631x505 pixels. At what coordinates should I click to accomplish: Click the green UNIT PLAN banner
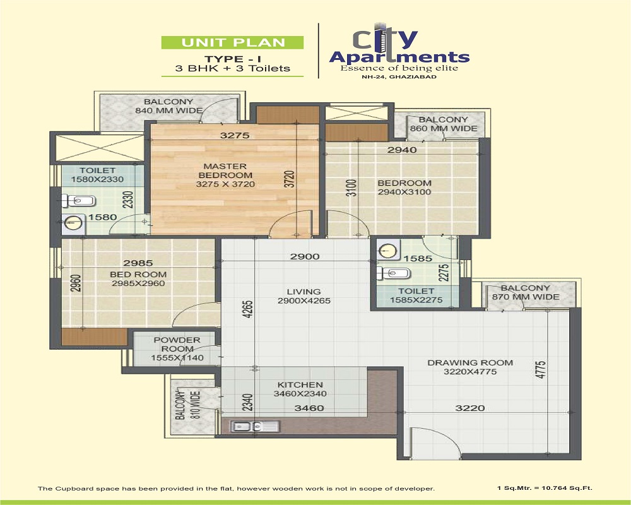tap(232, 42)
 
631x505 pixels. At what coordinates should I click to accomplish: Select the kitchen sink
tap(255, 427)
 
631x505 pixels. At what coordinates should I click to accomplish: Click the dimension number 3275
tap(235, 135)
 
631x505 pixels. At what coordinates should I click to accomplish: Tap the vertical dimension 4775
tap(541, 369)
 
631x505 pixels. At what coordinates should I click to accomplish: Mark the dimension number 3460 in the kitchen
tap(309, 408)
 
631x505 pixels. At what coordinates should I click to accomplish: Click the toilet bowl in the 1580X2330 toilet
tap(78, 200)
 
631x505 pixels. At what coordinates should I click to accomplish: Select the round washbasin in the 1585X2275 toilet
tap(387, 251)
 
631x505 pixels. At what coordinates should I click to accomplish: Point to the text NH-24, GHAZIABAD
tap(399, 76)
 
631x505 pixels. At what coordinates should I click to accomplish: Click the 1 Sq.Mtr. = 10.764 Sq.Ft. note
tap(545, 488)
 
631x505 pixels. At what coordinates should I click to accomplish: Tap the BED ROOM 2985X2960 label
tap(138, 278)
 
